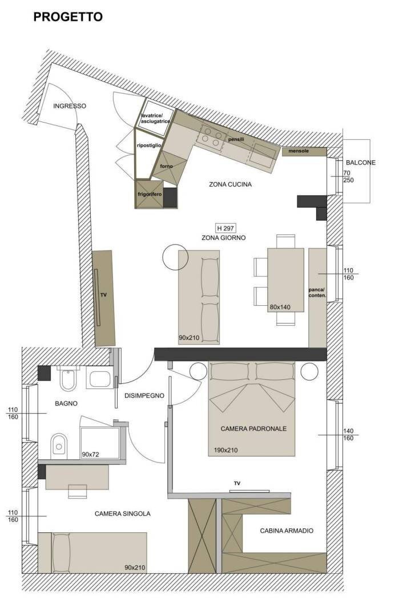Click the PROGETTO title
68,17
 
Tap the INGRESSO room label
70,106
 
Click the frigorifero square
150,194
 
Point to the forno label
166,166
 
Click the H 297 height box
225,228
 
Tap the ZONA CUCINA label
230,184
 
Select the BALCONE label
360,163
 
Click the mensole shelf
304,152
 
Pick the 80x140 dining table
285,280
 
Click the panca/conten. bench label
317,293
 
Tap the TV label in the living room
103,295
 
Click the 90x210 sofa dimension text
189,338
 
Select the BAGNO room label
66,403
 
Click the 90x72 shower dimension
90,455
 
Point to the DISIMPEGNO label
144,396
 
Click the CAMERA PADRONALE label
253,428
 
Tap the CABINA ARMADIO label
287,531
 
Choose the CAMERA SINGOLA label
122,514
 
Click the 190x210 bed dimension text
225,451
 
